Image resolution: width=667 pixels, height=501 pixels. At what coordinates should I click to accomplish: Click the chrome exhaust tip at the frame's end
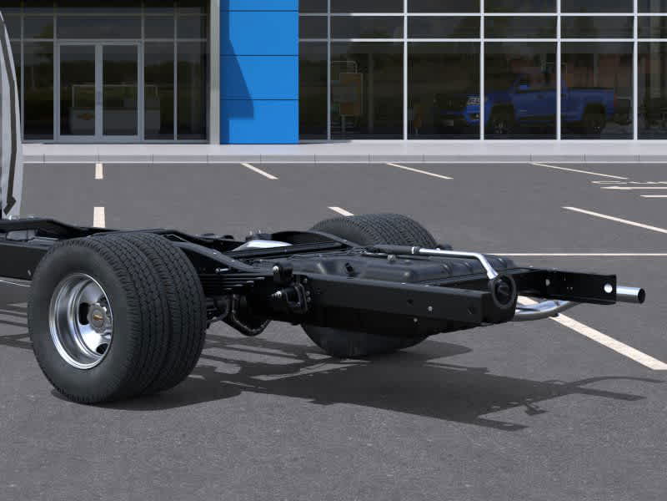pyautogui.click(x=630, y=294)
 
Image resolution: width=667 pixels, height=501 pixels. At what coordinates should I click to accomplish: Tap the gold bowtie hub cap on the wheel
pyautogui.click(x=98, y=316)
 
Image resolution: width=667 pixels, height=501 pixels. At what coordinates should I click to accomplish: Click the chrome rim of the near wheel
pyautogui.click(x=80, y=321)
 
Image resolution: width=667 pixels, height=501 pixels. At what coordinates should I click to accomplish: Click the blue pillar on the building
pyautogui.click(x=259, y=71)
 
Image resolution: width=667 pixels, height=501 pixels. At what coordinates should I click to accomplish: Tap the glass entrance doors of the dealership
pyautogui.click(x=98, y=90)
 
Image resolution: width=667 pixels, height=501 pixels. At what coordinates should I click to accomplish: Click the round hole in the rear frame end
pyautogui.click(x=503, y=291)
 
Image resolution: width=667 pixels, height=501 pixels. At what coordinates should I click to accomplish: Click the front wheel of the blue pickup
pyautogui.click(x=500, y=122)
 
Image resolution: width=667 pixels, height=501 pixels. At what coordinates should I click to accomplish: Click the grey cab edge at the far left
pyautogui.click(x=8, y=125)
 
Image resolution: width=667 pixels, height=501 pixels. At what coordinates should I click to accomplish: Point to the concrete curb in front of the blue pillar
pyautogui.click(x=258, y=153)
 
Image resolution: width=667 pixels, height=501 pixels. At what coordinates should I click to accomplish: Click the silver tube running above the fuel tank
pyautogui.click(x=450, y=252)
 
